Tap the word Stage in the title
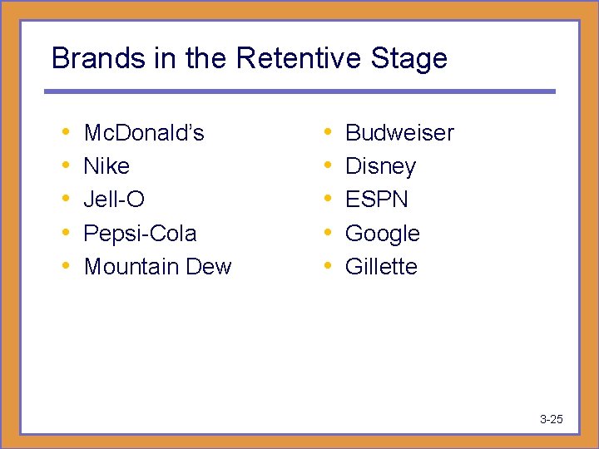point(409,59)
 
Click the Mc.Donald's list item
point(144,133)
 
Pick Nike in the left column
point(106,166)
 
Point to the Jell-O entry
point(114,200)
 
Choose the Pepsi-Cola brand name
point(141,233)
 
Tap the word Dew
point(208,266)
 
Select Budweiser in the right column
point(399,133)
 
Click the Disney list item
point(380,167)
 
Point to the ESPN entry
point(377,200)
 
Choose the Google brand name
point(383,234)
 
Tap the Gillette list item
point(381,266)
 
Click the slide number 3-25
point(551,419)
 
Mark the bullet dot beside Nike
point(66,165)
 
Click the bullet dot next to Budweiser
point(328,132)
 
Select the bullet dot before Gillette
point(328,265)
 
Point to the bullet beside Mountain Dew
point(66,265)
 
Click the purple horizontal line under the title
point(299,91)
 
